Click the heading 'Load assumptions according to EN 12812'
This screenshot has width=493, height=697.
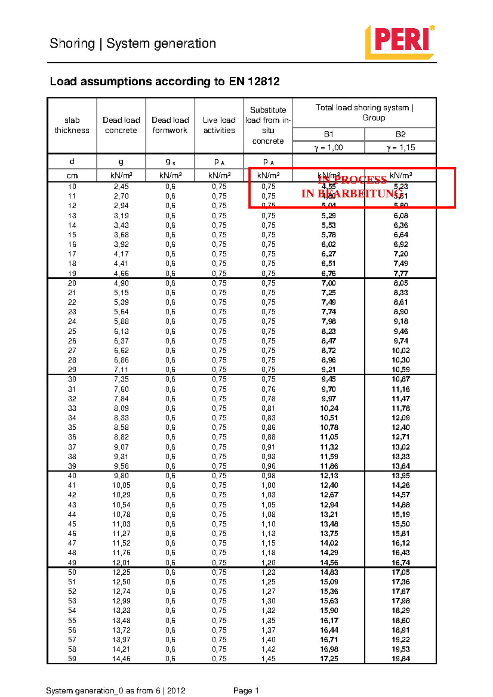[164, 81]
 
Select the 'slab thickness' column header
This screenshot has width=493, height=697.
[72, 125]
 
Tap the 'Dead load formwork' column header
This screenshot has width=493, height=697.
[170, 125]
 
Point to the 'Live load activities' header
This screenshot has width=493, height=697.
[219, 125]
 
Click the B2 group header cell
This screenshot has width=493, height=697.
[400, 134]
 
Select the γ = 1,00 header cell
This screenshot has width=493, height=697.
[328, 147]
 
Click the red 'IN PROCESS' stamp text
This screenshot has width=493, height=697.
[352, 180]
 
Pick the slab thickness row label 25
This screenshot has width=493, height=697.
[72, 331]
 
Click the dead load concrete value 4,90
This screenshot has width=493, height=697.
[121, 283]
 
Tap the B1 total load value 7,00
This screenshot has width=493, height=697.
[328, 283]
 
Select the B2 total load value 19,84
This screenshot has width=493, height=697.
[400, 659]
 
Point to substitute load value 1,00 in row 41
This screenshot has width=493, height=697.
[268, 485]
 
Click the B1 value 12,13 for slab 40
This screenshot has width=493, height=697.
[329, 476]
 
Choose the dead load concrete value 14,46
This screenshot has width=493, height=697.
[121, 659]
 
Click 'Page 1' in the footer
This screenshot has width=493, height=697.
[246, 691]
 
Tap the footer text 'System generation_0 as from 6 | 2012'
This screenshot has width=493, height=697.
[116, 691]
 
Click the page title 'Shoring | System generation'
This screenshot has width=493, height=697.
[133, 44]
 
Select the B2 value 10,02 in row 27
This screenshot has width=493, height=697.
[400, 351]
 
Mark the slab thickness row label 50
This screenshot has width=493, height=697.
[72, 572]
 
